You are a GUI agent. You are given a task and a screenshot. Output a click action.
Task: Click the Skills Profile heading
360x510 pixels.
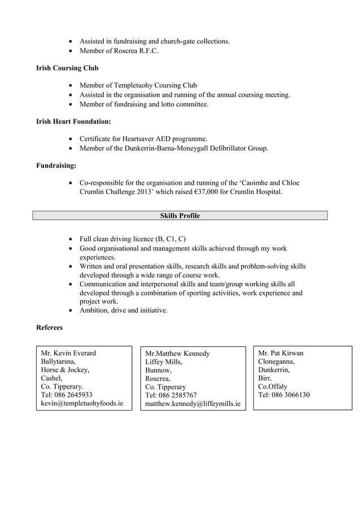point(179,216)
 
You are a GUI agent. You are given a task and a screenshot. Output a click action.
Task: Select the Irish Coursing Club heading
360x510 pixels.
point(67,68)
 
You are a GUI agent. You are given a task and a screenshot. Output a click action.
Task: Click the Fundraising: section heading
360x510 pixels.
point(56,165)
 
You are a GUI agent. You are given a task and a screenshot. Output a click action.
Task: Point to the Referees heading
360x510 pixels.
point(50,328)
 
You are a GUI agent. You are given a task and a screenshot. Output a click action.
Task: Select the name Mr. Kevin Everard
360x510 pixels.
point(68,354)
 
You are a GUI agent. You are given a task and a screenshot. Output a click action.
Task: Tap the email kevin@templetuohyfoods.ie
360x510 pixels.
point(82,404)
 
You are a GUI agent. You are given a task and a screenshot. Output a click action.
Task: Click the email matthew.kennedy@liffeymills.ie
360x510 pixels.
point(192,404)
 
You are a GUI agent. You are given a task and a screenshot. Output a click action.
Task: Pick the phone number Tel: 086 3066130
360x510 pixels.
point(284,395)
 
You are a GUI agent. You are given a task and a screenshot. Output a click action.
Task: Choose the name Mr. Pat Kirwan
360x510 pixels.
point(280,353)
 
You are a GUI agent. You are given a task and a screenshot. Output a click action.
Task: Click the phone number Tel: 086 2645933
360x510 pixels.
point(67,395)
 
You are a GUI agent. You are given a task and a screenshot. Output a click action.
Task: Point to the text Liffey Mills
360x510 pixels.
point(164,362)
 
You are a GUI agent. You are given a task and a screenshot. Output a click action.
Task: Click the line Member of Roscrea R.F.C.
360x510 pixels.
point(118,51)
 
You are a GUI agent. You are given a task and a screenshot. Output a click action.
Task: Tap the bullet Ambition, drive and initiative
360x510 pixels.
point(123,310)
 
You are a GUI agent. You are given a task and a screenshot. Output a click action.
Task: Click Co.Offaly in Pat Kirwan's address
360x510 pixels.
point(273,387)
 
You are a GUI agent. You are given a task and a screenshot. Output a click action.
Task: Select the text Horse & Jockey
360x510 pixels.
point(65,370)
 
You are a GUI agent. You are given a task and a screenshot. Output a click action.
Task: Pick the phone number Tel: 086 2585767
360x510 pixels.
point(171,395)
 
